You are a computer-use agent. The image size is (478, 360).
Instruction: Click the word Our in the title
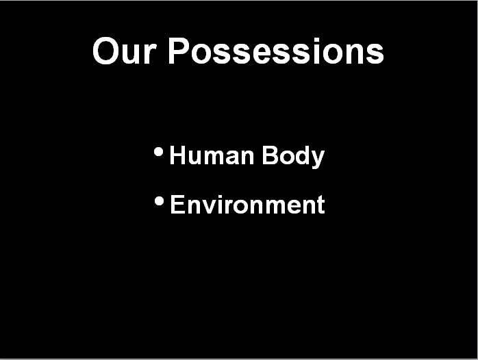point(125,51)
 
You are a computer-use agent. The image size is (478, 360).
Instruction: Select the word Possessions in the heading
point(276,51)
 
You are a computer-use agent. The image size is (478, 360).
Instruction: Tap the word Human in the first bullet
point(212,155)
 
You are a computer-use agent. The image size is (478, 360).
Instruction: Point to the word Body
point(293,156)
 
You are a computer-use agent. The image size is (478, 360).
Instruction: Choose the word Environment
point(247,205)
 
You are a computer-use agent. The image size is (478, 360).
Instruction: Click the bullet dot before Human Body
point(158,152)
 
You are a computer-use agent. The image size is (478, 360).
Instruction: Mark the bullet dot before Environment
point(159,201)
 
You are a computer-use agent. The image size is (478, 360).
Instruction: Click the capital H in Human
point(177,155)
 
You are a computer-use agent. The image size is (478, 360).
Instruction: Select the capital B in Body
point(270,155)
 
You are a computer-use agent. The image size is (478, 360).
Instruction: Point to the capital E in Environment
point(178,204)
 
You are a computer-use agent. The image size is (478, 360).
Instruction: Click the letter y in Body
point(317,159)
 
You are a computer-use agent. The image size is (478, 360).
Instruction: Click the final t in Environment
point(320,205)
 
